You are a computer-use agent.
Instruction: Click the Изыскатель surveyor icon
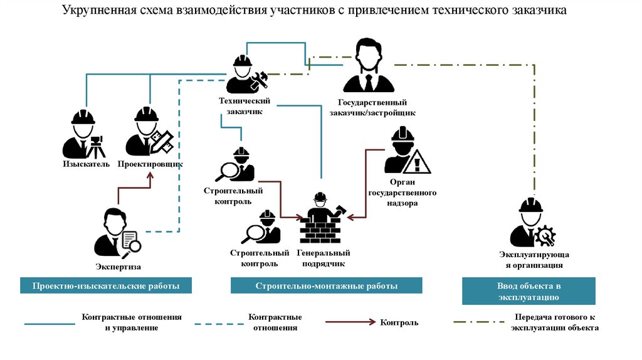tap(83, 135)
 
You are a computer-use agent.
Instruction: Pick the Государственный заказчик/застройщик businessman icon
tap(368, 66)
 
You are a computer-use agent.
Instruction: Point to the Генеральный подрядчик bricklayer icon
tap(322, 219)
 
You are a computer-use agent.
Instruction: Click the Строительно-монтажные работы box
tap(326, 286)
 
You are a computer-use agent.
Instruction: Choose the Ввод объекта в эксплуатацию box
tap(529, 291)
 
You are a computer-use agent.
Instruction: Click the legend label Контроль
tap(399, 322)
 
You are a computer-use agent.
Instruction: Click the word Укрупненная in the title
tap(100, 11)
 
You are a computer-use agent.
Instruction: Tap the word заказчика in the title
tap(540, 11)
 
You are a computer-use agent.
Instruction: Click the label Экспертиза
tap(118, 267)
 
